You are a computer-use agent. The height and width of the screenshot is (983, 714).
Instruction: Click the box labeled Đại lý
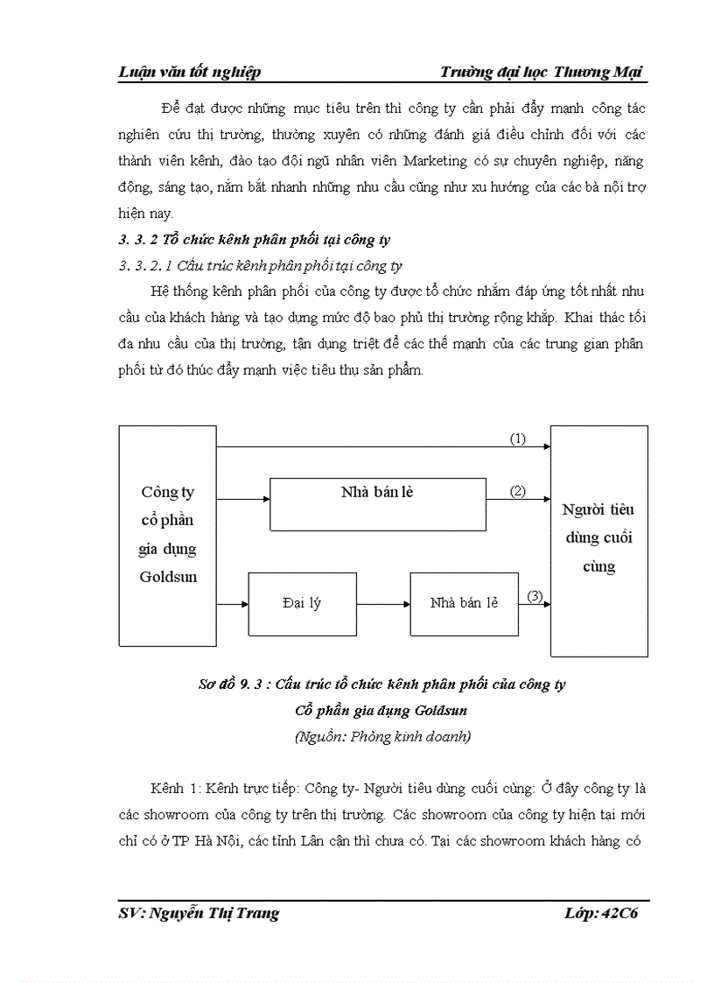pos(302,604)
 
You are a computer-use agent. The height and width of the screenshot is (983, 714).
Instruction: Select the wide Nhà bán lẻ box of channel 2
pos(377,503)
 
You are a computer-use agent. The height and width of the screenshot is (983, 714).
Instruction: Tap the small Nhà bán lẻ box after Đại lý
pos(463,604)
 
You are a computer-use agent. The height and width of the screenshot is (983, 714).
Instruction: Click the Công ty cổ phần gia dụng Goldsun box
pos(167,535)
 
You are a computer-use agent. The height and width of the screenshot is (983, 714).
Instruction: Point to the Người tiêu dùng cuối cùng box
pos(598,540)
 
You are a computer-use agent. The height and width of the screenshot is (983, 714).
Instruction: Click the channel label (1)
pos(518,439)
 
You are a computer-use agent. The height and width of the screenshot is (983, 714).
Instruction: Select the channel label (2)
pos(518,491)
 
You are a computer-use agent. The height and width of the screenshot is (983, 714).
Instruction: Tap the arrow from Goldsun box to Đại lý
pos(233,604)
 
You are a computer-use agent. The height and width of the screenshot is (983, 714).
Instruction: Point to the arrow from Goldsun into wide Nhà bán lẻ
pos(243,499)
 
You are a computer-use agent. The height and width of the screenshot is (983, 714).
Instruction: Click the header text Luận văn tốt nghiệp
pos(189,72)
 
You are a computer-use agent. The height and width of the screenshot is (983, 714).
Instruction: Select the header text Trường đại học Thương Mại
pos(542,72)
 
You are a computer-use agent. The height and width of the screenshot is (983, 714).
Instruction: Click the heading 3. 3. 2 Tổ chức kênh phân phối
pos(254,239)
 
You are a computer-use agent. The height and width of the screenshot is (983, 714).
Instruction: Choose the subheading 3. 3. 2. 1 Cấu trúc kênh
pos(260,265)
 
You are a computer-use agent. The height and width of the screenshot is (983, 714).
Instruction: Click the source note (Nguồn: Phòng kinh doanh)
pos(383,736)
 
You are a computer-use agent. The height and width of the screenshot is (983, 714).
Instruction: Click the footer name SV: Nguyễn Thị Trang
pos(199,913)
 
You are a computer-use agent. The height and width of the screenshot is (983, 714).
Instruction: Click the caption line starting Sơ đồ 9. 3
pos(381,684)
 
